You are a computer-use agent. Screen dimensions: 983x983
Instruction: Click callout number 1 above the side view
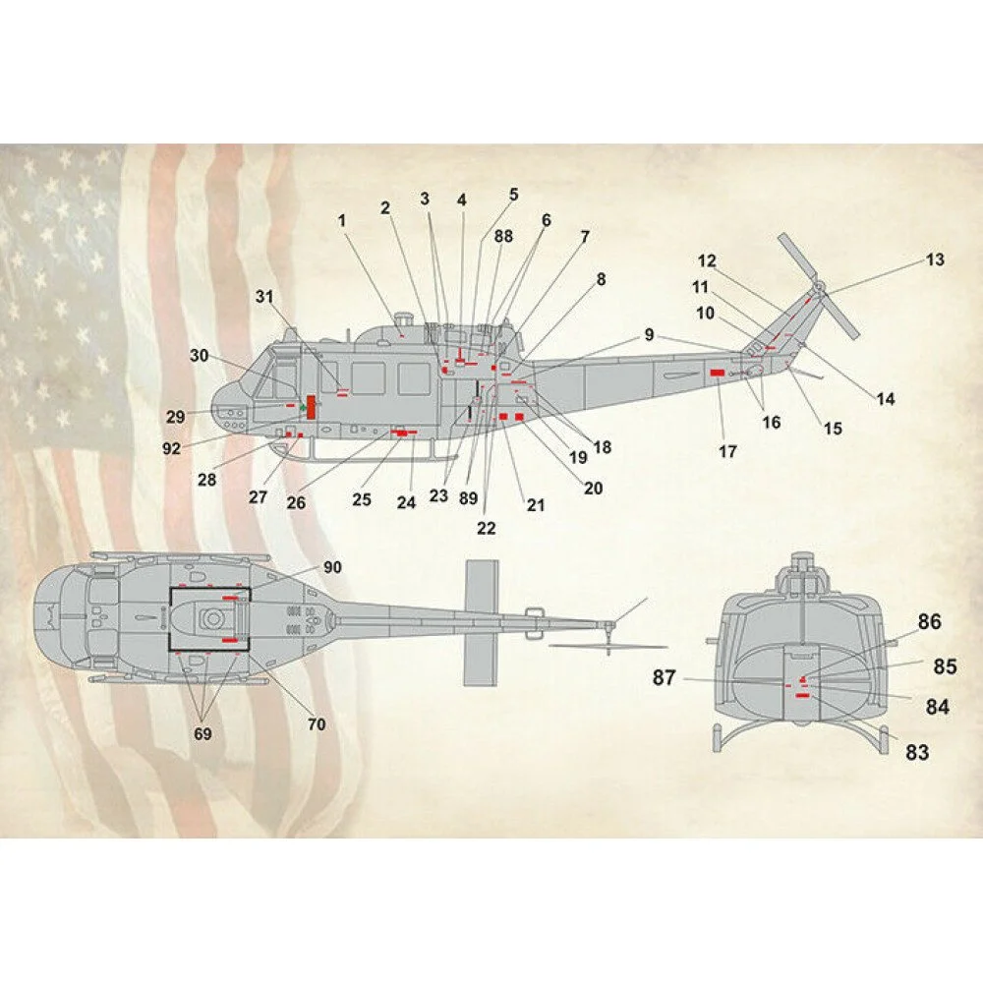coord(343,220)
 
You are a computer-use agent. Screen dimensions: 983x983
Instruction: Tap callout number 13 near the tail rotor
coord(934,260)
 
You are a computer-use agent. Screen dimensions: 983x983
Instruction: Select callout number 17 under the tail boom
coord(727,452)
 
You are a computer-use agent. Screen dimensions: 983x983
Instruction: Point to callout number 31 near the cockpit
coord(263,296)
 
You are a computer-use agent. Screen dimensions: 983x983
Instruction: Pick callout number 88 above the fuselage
coord(503,236)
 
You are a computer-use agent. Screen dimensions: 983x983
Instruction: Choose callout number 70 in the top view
coord(317,724)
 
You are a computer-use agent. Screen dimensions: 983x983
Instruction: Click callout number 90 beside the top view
coord(332,568)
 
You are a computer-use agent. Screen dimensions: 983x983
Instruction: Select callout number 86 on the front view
coord(929,622)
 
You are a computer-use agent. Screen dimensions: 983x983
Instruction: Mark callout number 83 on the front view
coord(916,753)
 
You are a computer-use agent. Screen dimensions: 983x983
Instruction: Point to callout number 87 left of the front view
coord(665,678)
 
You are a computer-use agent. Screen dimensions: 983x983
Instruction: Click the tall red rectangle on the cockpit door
coord(311,407)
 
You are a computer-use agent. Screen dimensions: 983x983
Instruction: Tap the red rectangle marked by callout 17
coord(717,373)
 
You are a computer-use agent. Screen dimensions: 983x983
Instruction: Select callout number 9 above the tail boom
coord(649,334)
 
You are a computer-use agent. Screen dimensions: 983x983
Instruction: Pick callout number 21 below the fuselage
coord(535,505)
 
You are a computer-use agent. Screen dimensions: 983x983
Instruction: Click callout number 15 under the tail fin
coord(833,429)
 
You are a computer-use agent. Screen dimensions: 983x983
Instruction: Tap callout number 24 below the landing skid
coord(407,500)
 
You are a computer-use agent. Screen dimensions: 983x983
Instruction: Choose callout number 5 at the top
coord(513,194)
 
